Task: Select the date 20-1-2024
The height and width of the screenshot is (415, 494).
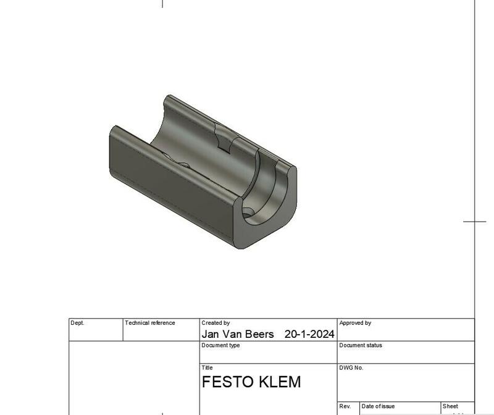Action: pyautogui.click(x=309, y=334)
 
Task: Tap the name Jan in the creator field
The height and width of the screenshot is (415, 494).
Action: pyautogui.click(x=212, y=334)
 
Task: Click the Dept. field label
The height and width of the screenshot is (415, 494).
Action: pyautogui.click(x=78, y=323)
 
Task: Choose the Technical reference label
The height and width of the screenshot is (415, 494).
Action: pyautogui.click(x=150, y=323)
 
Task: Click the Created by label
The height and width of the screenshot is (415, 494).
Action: pyautogui.click(x=216, y=323)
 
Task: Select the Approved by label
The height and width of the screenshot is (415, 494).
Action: pyautogui.click(x=355, y=323)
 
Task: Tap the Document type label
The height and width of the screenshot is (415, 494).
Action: pyautogui.click(x=220, y=345)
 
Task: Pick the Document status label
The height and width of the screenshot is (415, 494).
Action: pyautogui.click(x=361, y=345)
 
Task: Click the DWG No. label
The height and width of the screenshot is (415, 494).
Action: pyautogui.click(x=351, y=367)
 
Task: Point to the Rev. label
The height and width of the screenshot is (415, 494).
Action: pyautogui.click(x=345, y=406)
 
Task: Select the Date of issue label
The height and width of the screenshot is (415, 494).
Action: pyautogui.click(x=378, y=406)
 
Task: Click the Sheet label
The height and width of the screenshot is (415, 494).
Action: pyautogui.click(x=450, y=406)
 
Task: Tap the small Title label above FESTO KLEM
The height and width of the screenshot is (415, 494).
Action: pyautogui.click(x=207, y=367)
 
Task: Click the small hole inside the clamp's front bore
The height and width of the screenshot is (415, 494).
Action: pyautogui.click(x=248, y=212)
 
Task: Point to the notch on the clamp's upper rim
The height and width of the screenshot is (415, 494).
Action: pyautogui.click(x=224, y=138)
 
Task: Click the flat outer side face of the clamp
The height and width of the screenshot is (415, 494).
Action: pyautogui.click(x=167, y=185)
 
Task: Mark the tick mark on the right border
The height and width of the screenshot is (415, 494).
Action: pyautogui.click(x=474, y=220)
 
